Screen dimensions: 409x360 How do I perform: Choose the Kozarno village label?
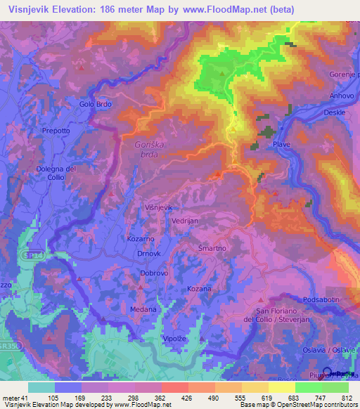[140, 239]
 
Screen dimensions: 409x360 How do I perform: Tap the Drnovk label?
[150, 254]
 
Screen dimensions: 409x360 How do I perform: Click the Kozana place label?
[199, 289]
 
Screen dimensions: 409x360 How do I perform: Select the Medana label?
[143, 309]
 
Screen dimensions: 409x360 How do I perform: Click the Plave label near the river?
[281, 144]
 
